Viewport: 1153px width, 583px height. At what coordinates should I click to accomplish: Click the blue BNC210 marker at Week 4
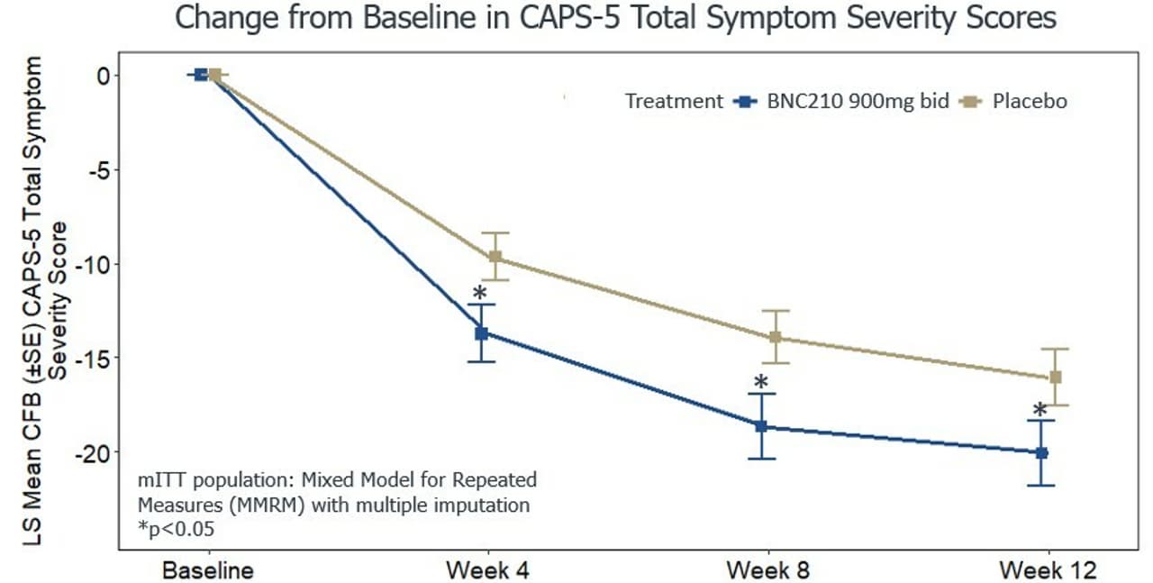pos(482,333)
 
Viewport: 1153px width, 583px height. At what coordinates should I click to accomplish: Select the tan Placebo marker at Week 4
pos(495,257)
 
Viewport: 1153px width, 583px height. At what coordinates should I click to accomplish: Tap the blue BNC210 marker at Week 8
pos(761,426)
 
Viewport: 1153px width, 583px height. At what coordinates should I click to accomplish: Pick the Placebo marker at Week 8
pos(775,337)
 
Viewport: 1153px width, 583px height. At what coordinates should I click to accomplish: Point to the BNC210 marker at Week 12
pos(1041,452)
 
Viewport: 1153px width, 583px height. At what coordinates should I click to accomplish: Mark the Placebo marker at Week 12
pos(1055,377)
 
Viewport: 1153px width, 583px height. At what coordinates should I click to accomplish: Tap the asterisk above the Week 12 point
pos(1040,412)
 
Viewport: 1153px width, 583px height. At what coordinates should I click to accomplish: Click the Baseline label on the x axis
pos(208,569)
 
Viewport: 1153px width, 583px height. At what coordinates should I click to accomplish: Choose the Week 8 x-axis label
pos(767,569)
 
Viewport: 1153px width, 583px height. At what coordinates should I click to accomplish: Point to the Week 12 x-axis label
pos(1048,569)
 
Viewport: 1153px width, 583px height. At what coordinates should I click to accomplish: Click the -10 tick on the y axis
pos(94,264)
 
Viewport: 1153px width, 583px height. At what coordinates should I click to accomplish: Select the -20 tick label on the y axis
pos(94,452)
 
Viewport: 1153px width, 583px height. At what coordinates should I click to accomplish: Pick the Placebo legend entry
pos(1029,102)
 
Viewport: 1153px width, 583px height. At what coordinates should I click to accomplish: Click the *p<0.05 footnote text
pos(176,529)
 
